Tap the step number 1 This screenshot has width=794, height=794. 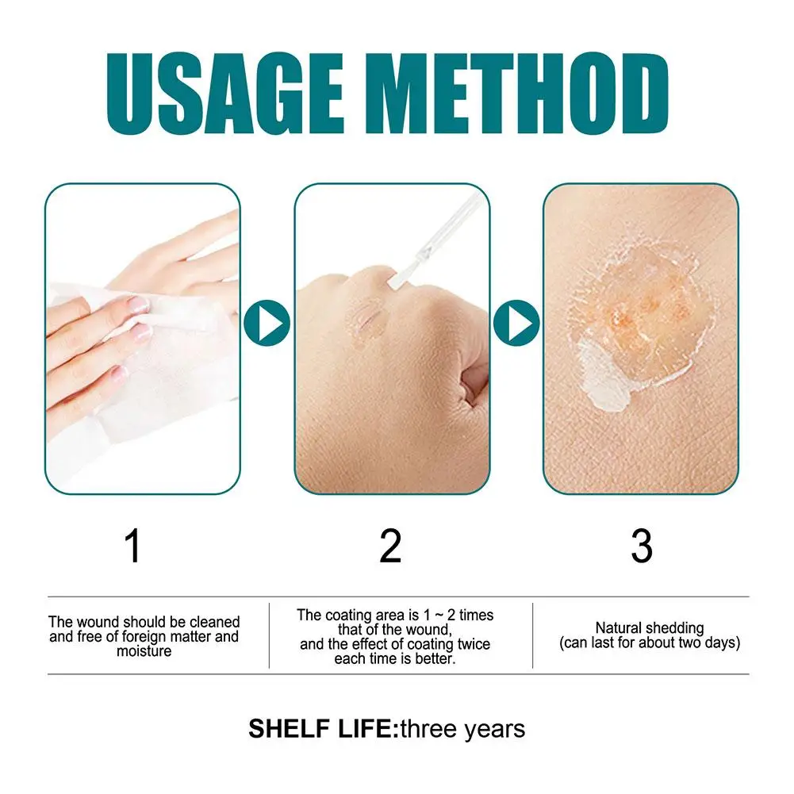pos(133,547)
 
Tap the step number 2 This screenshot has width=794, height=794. pos(390,547)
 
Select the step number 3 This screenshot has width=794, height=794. pos(641,547)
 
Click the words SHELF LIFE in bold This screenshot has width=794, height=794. pos(321,728)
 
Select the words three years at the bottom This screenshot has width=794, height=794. pos(462,728)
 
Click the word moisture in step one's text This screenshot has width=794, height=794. pos(144,651)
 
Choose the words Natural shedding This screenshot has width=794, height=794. pos(649,628)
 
